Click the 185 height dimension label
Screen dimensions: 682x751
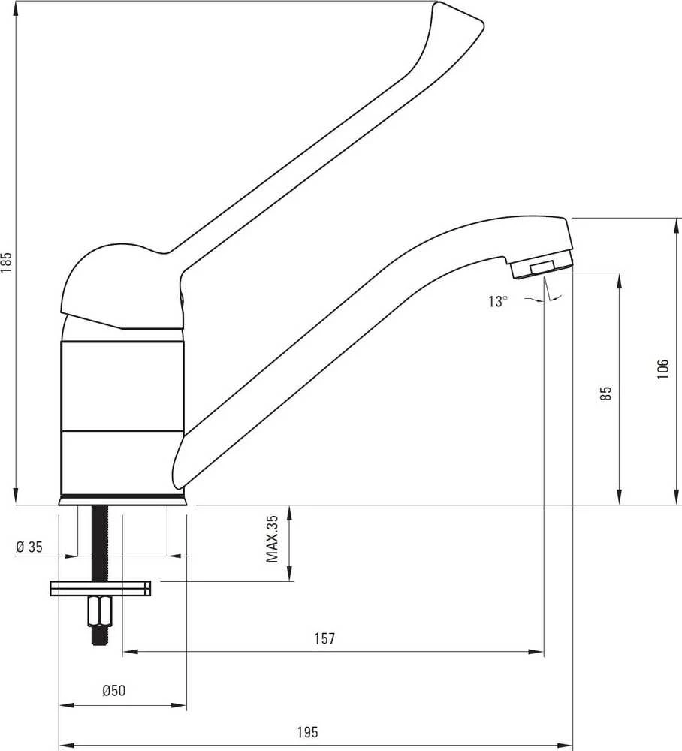(7, 262)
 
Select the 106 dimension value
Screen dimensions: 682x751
(662, 369)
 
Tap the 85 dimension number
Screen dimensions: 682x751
(605, 394)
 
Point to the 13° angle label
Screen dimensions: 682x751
(498, 301)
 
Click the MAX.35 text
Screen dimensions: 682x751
(272, 538)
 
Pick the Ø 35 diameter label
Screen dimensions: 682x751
(29, 547)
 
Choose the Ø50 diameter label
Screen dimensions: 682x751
(114, 690)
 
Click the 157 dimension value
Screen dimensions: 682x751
(324, 638)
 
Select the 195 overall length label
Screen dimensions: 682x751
(307, 732)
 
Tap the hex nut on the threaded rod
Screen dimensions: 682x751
(100, 611)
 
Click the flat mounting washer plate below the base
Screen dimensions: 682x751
(100, 588)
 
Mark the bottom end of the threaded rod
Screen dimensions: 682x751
(100, 644)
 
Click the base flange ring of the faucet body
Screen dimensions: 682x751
(122, 501)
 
